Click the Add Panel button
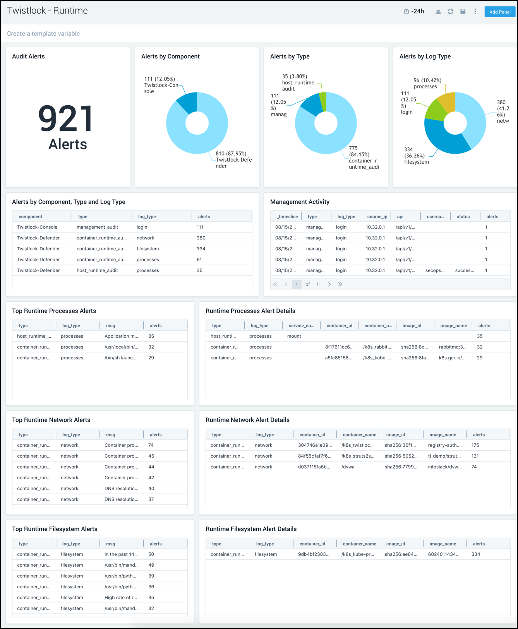[x=499, y=12]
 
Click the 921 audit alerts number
[x=66, y=119]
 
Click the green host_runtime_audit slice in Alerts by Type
[x=323, y=101]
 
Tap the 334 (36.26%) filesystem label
[x=416, y=156]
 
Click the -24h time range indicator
[x=414, y=12]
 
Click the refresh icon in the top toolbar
[x=450, y=12]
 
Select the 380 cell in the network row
[x=201, y=238]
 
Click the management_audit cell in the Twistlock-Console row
[x=97, y=227]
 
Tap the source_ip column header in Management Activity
[x=377, y=217]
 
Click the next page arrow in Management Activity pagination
[x=329, y=284]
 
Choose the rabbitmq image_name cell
[x=452, y=347]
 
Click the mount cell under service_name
[x=294, y=336]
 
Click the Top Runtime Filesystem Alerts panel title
[x=55, y=529]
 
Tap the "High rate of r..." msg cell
[x=120, y=598]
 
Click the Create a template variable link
[x=43, y=34]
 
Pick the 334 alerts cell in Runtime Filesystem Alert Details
[x=475, y=554]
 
